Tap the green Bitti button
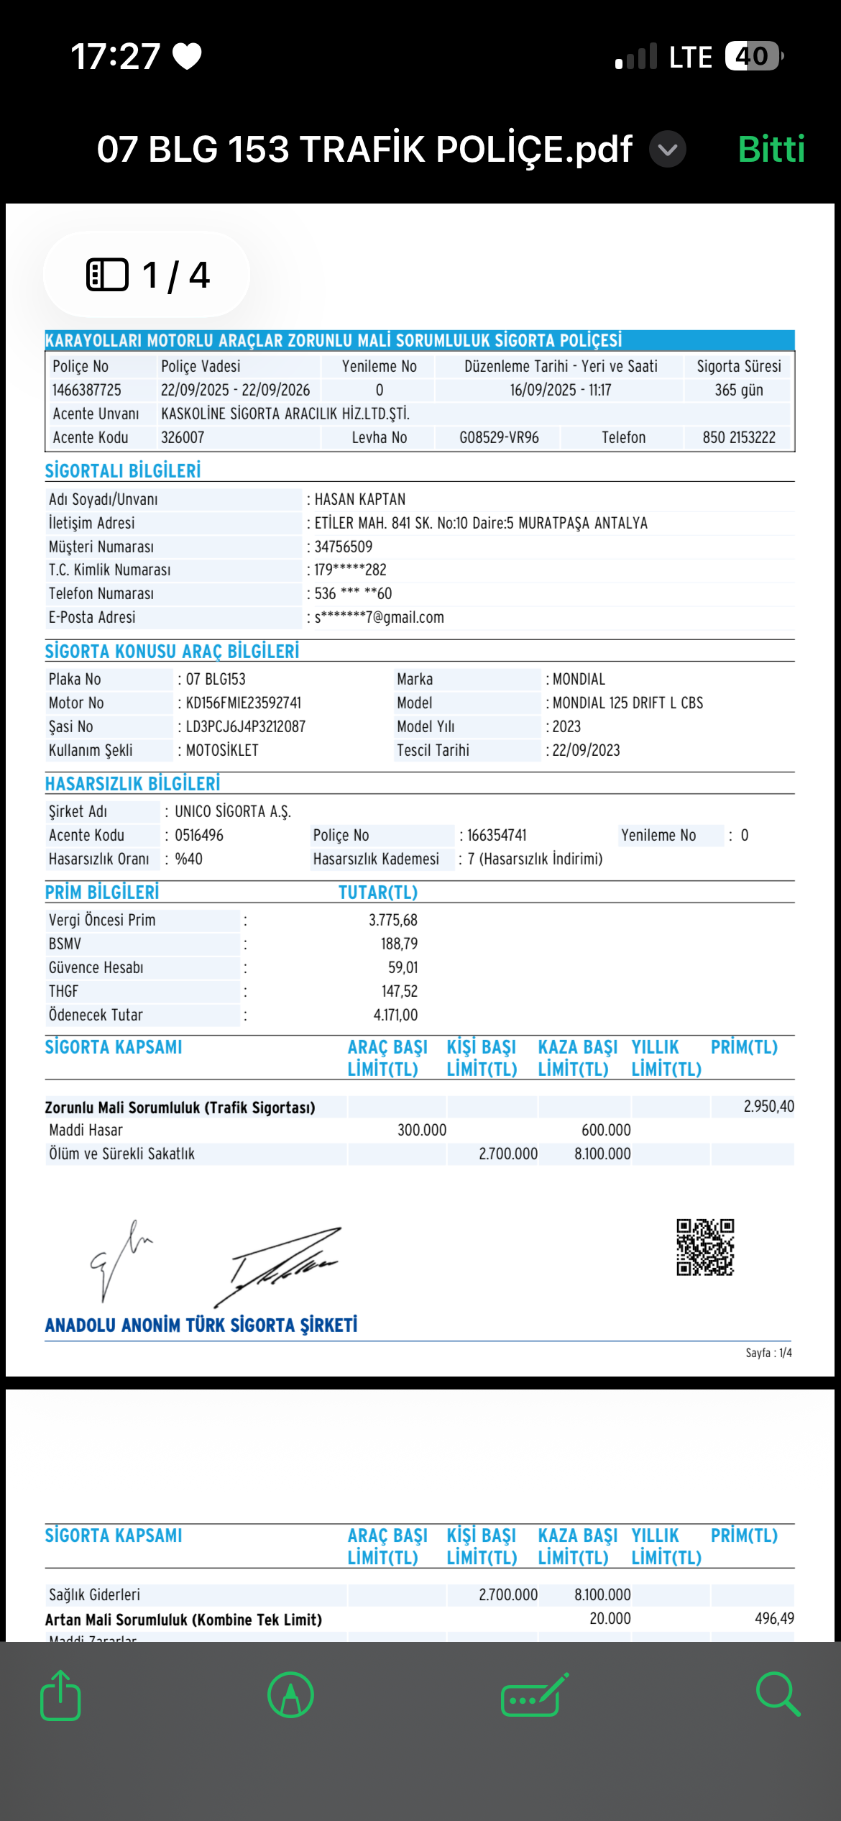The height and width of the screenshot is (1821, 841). (x=771, y=150)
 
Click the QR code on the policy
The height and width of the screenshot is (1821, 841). (x=704, y=1247)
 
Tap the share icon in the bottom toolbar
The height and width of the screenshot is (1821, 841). (x=60, y=1695)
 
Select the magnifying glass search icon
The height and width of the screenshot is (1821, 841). (x=778, y=1694)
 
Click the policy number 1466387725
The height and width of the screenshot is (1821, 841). (x=86, y=390)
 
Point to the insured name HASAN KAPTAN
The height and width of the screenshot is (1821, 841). (x=360, y=499)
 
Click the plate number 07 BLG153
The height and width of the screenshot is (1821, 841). (x=216, y=679)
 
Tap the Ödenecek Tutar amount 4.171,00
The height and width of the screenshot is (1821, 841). (x=395, y=1015)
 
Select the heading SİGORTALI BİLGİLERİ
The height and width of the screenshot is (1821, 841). (x=123, y=471)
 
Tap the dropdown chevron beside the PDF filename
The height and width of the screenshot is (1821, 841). (x=668, y=150)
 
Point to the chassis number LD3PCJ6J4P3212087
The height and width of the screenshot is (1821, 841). (x=245, y=726)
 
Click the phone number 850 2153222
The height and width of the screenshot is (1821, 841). (x=739, y=437)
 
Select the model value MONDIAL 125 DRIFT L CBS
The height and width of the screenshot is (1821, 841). (x=628, y=703)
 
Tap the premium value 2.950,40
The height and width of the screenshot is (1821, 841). (x=768, y=1106)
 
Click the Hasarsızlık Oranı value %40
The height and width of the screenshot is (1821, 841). (x=189, y=859)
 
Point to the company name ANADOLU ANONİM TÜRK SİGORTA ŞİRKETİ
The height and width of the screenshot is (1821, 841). (x=201, y=1325)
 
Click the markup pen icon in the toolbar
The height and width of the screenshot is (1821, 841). (x=290, y=1695)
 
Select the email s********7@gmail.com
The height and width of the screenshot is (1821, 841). (x=379, y=617)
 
